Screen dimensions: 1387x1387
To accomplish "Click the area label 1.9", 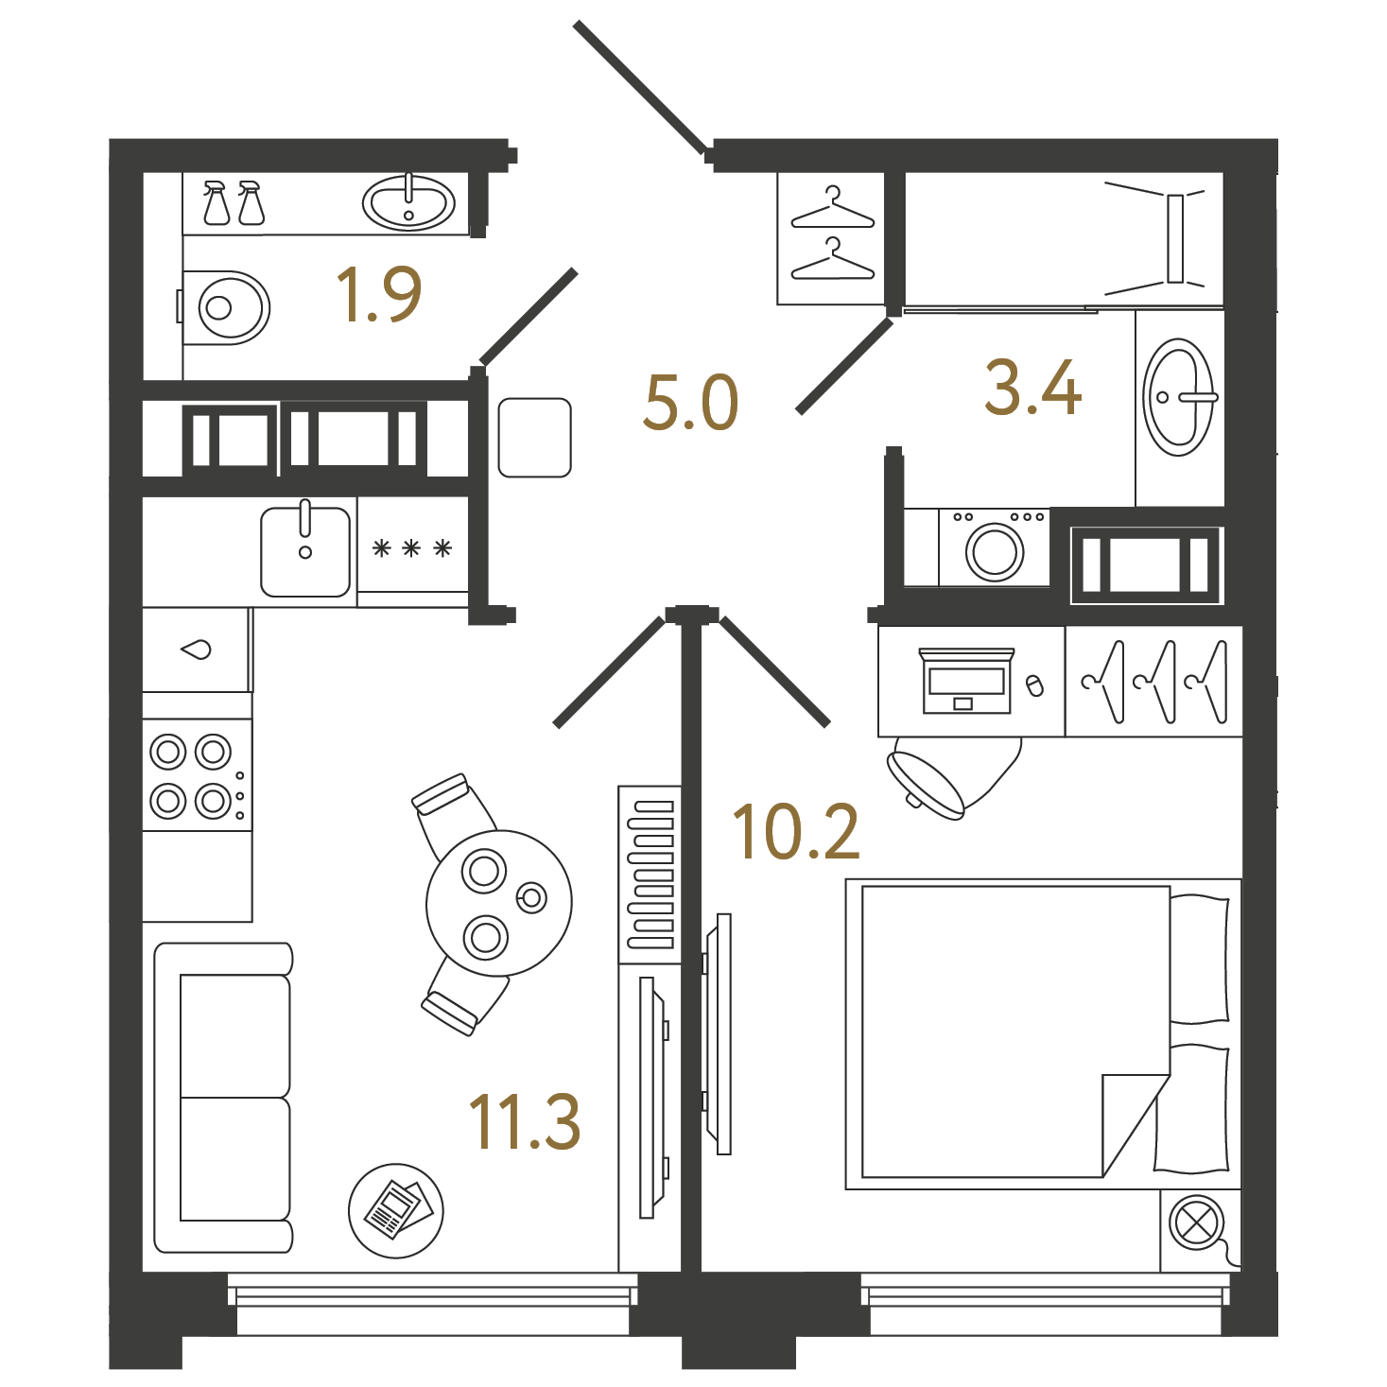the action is (x=378, y=294).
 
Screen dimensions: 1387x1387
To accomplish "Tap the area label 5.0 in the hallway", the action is (x=691, y=403).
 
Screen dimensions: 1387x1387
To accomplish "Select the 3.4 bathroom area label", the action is (x=1032, y=389).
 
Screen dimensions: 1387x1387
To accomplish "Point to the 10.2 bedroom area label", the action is (x=795, y=833).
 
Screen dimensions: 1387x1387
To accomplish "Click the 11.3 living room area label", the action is (x=524, y=1122).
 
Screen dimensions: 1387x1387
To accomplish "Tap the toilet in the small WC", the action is (x=225, y=307).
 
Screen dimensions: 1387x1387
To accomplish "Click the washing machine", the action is (x=994, y=547).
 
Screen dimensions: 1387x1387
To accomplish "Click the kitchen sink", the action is (x=305, y=550).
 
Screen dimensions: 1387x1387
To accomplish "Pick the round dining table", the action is (x=499, y=903).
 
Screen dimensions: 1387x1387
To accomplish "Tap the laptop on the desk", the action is (x=966, y=680).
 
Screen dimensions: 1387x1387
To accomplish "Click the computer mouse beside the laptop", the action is (x=1034, y=685).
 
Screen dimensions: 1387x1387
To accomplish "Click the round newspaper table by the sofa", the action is (x=396, y=1210).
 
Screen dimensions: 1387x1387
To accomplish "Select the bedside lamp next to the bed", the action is (x=1197, y=1222).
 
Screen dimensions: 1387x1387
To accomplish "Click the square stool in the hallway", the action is (x=535, y=438).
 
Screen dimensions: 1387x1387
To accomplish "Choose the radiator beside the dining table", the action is (x=650, y=875).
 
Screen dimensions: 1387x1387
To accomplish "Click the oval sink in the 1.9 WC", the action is (x=408, y=203).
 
